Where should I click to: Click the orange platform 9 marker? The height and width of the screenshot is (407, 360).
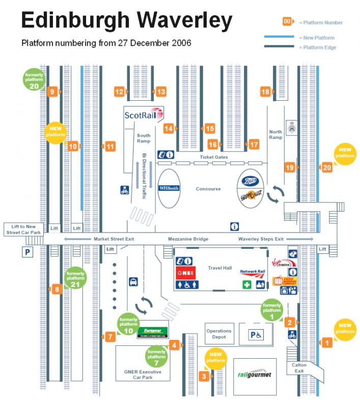click(52, 92)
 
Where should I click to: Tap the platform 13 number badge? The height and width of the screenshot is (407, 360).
click(161, 92)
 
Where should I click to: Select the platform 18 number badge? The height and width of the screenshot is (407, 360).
click(265, 92)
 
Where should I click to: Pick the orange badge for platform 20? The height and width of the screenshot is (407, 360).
click(327, 167)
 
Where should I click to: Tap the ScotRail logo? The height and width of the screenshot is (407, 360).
click(143, 114)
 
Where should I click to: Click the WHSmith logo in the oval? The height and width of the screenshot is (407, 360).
click(169, 188)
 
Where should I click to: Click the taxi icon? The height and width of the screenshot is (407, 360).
click(132, 281)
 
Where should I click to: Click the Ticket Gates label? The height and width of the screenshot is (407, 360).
click(213, 157)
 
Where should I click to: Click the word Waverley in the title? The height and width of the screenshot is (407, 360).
click(185, 20)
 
